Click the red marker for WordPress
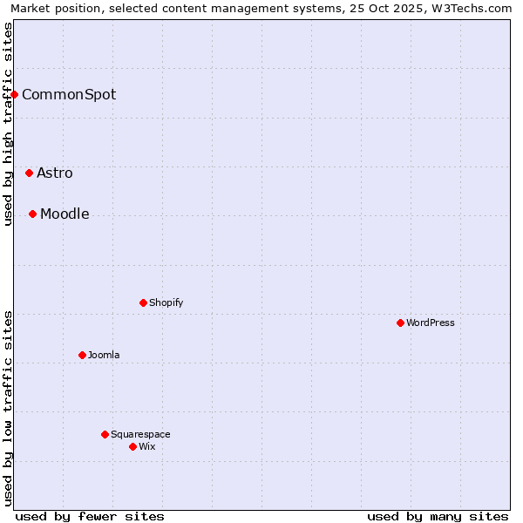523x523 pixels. coord(400,323)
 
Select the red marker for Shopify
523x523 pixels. coord(143,302)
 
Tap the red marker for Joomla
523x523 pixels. coord(82,355)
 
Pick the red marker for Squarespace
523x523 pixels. coord(105,434)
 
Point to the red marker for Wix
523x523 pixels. coord(132,446)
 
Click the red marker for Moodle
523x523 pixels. coord(32,214)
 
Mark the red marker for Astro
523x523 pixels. coord(29,173)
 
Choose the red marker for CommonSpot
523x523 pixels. coord(14,94)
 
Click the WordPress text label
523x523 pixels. coord(431,323)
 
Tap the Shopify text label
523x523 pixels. coord(166,302)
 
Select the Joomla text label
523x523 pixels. coord(104,355)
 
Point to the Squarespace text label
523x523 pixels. coord(140,434)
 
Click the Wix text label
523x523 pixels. coord(147,446)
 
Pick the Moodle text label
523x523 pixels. coord(65,214)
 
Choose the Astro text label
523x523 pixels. coord(55,173)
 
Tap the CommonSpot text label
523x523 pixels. coord(69,94)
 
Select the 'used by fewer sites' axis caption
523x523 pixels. coord(90,516)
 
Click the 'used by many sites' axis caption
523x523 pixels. coord(438,516)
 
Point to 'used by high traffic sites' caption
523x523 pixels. coord(8,124)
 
